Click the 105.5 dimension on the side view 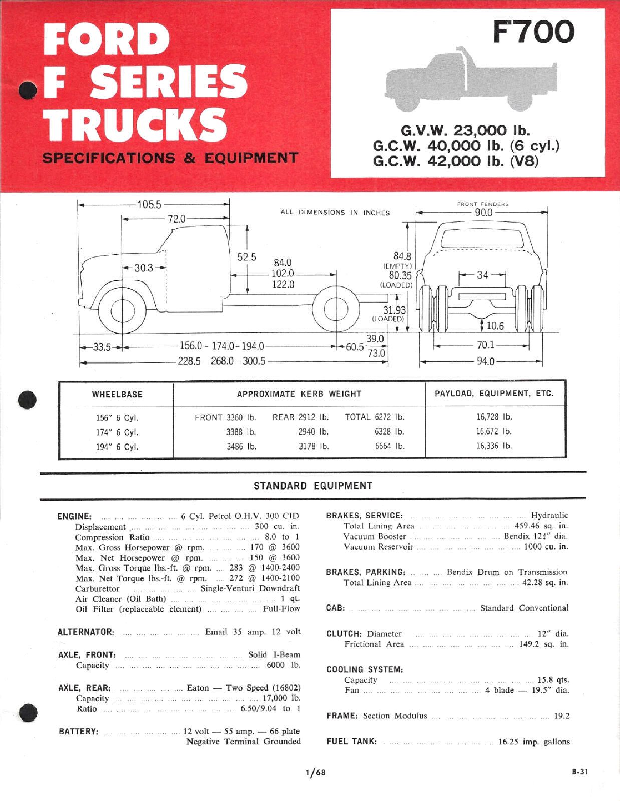point(149,205)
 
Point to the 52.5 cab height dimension point(247,257)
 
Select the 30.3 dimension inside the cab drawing point(143,268)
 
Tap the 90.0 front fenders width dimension point(483,212)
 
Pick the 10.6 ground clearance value point(495,326)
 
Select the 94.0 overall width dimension point(485,361)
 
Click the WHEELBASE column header point(117,394)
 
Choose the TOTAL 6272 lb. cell point(374,417)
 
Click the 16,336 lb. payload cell point(494,446)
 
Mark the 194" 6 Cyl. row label point(117,447)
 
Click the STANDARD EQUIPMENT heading point(313,485)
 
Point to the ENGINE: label point(74,516)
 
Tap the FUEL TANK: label point(351,742)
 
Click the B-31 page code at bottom point(580,772)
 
